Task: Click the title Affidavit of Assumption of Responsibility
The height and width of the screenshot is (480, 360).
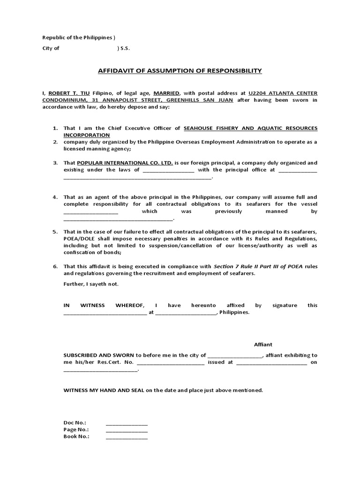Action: coord(180,71)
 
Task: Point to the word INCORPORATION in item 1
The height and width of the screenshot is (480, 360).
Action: coord(87,135)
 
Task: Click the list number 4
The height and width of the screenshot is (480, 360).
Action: coord(55,197)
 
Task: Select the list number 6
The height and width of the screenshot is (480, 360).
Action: coord(55,266)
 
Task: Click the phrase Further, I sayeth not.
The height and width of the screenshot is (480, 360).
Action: coord(91,284)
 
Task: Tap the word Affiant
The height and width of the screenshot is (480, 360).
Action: coord(263,345)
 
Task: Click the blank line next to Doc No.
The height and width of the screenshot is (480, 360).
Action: coord(127,422)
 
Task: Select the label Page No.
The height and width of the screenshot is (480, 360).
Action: coord(76,429)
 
